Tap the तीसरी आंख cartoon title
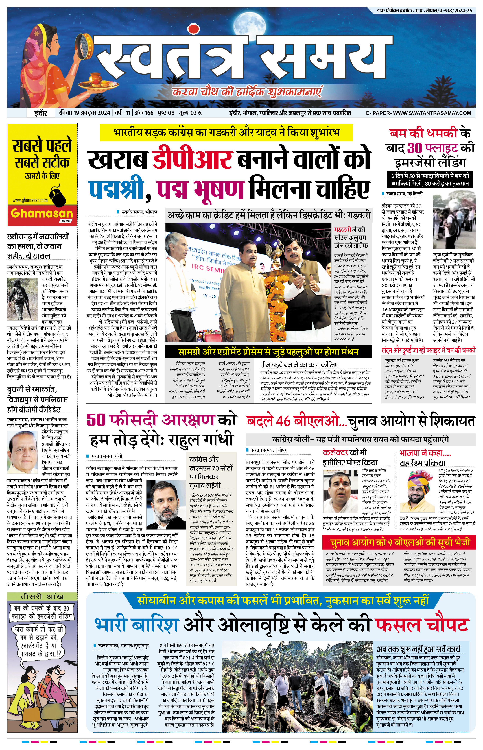click(x=42, y=596)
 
